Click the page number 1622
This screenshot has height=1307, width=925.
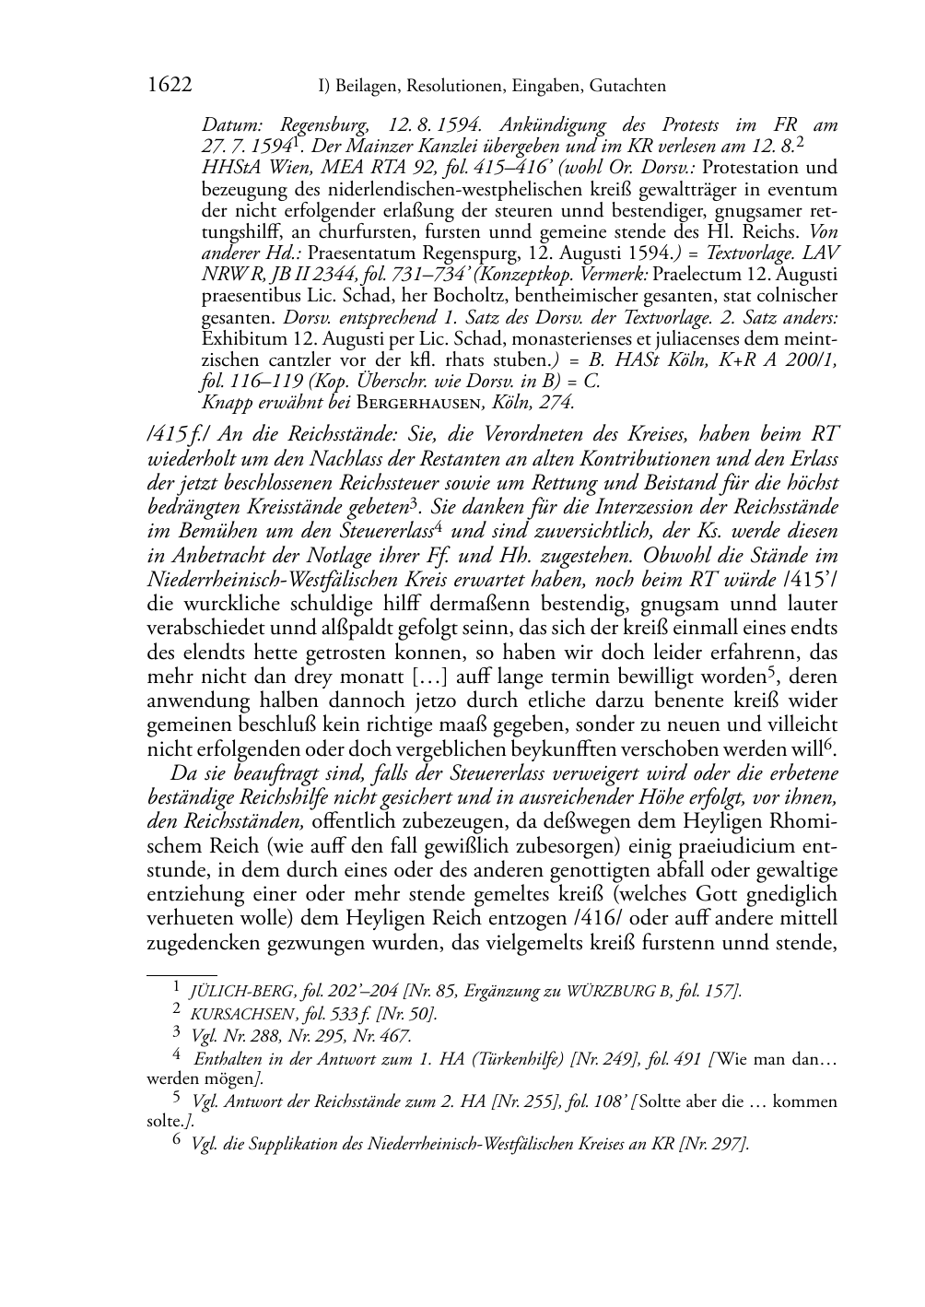170,86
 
